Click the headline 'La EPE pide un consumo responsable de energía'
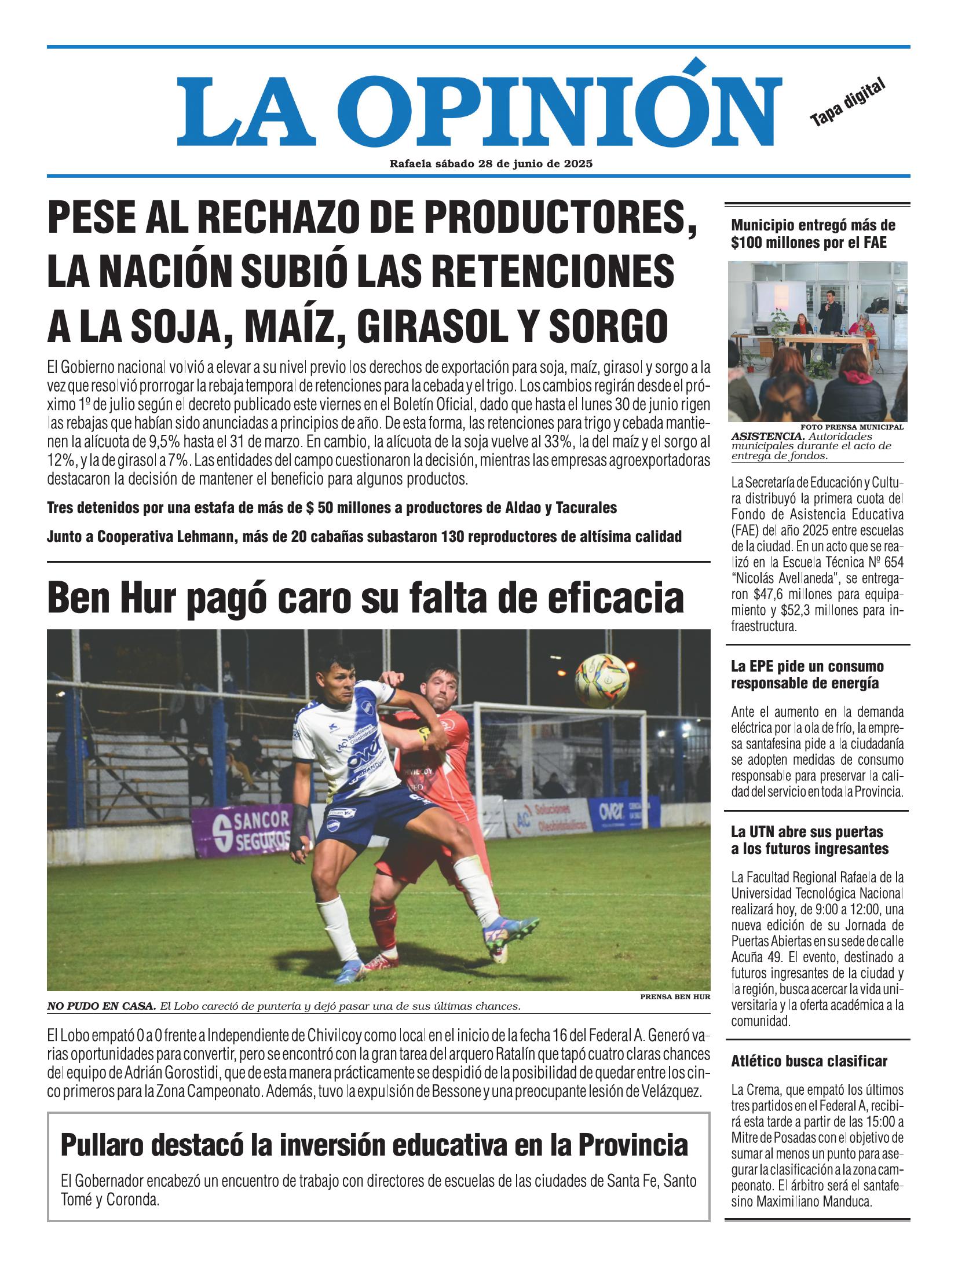coord(807,674)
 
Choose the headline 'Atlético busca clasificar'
coord(809,1061)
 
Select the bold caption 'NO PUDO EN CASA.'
coord(101,1006)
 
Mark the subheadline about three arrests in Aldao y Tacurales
coord(332,508)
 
